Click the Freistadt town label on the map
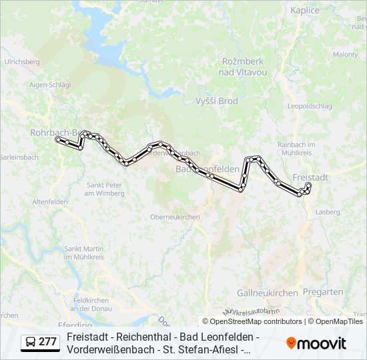click(x=311, y=178)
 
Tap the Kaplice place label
click(x=306, y=10)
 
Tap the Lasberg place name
click(x=328, y=211)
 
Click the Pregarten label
click(x=323, y=292)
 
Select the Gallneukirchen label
click(x=267, y=293)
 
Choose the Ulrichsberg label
click(x=22, y=62)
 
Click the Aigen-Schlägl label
click(x=50, y=85)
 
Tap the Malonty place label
click(x=346, y=55)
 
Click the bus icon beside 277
click(x=31, y=342)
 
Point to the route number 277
click(x=47, y=342)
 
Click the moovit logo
click(x=316, y=343)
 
